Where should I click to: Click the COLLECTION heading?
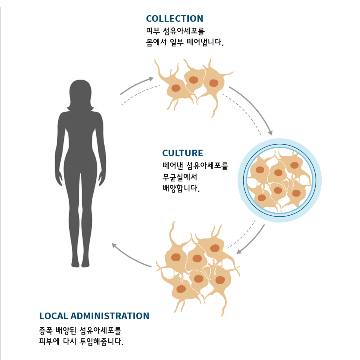pyautogui.click(x=175, y=19)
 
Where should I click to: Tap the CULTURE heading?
pyautogui.click(x=182, y=153)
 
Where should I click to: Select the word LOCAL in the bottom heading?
pyautogui.click(x=53, y=316)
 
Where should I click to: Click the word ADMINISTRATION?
pyautogui.click(x=110, y=316)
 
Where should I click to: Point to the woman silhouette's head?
pyautogui.click(x=80, y=93)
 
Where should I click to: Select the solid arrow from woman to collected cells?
pyautogui.click(x=136, y=85)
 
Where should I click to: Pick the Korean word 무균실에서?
pyautogui.click(x=180, y=177)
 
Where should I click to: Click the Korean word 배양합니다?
pyautogui.click(x=181, y=188)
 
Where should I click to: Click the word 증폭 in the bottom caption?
pyautogui.click(x=46, y=331)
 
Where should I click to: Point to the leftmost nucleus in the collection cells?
pyautogui.click(x=176, y=88)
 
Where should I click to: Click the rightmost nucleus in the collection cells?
pyautogui.click(x=214, y=83)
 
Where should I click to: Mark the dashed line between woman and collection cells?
pyautogui.click(x=140, y=94)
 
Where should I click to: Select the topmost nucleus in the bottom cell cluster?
pyautogui.click(x=215, y=248)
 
